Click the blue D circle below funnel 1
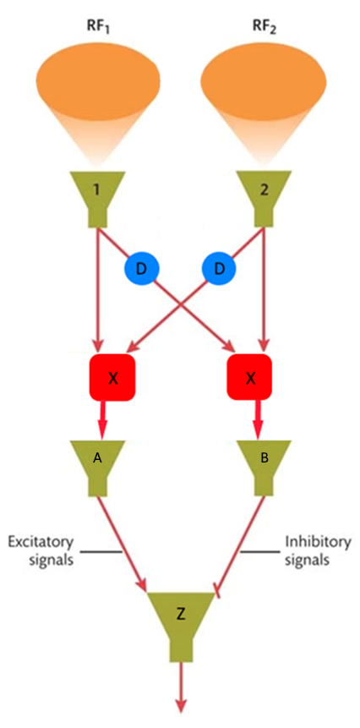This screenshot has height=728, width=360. [x=141, y=270]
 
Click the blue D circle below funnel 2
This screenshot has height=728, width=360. [x=219, y=270]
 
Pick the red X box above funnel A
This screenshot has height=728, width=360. [x=113, y=378]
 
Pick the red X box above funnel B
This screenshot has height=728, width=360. [x=250, y=378]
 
